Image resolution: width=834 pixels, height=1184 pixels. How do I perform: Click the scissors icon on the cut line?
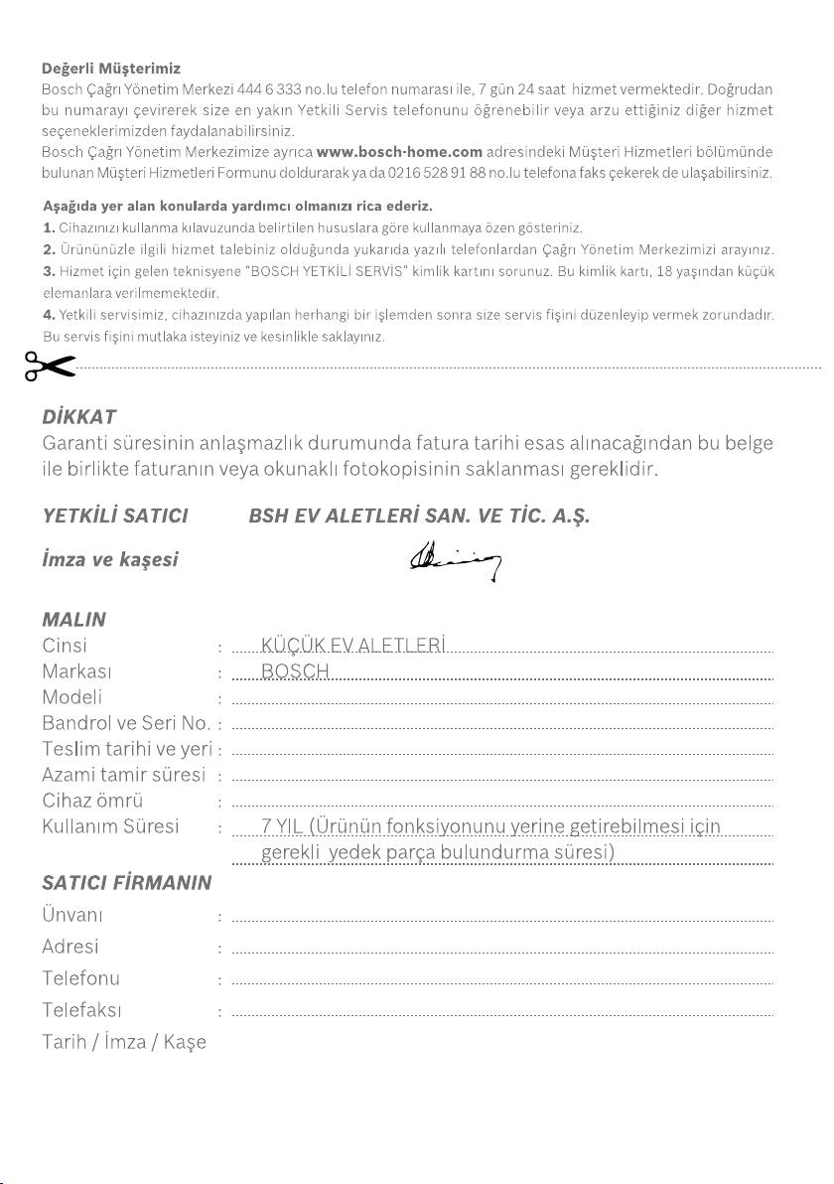(x=51, y=367)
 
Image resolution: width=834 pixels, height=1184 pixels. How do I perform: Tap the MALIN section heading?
(x=74, y=619)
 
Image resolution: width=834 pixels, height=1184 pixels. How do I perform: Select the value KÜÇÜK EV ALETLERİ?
(x=352, y=646)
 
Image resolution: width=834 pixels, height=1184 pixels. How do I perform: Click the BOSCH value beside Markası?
(x=295, y=671)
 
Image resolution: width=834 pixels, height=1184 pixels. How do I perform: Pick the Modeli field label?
(x=72, y=697)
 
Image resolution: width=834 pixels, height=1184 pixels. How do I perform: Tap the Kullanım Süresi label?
(x=110, y=826)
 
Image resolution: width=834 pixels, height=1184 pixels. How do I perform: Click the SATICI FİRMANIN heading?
(x=127, y=880)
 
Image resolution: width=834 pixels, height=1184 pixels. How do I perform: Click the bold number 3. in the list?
(x=49, y=270)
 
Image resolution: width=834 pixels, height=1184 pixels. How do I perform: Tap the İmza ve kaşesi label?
(x=110, y=560)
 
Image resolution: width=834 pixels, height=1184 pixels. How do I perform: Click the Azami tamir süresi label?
(x=123, y=775)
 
